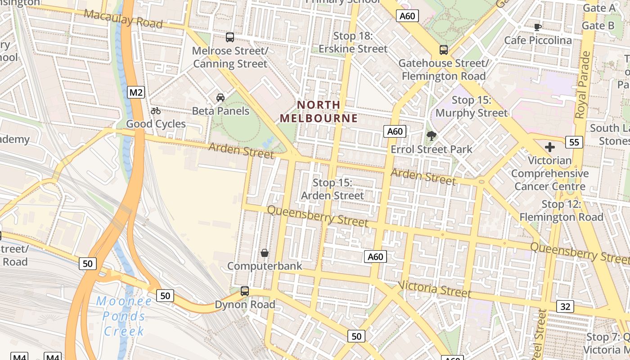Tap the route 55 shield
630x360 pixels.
574,142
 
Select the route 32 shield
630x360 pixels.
565,307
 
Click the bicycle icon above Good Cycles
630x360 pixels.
156,111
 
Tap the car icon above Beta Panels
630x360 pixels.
220,98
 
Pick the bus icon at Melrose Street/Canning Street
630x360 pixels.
230,37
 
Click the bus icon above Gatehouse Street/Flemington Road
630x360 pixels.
444,50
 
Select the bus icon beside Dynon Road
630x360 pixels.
245,291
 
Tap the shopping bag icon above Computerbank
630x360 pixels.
265,253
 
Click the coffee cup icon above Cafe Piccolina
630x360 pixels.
537,27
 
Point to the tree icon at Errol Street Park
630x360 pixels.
432,135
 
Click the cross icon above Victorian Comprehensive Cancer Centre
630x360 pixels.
549,147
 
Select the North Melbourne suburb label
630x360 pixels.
319,112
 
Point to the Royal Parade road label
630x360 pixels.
584,85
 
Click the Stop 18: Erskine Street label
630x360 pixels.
353,42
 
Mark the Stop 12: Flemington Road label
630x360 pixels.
561,211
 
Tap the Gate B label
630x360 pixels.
598,25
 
